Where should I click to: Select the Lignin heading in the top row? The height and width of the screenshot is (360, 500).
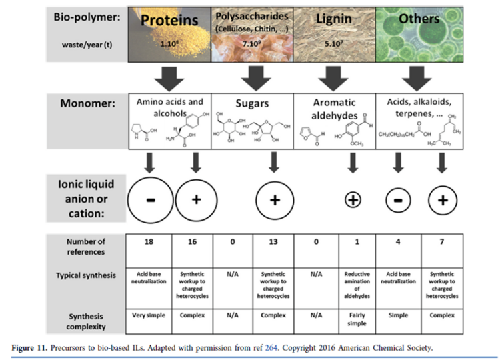coord(333,19)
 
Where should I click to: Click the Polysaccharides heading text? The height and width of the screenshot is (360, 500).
coord(251,14)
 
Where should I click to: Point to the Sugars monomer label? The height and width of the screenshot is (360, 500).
coord(252,104)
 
